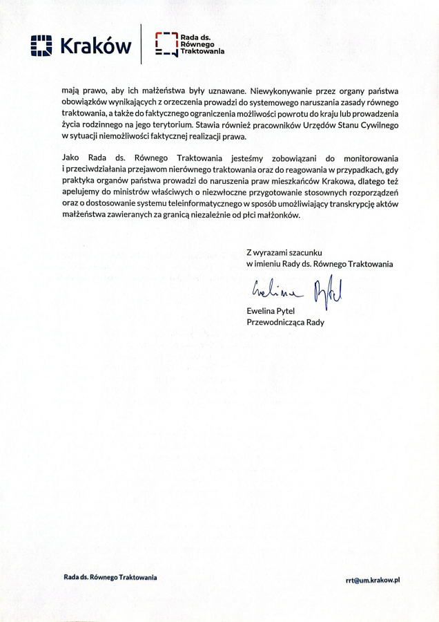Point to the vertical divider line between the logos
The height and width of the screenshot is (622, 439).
pos(142,44)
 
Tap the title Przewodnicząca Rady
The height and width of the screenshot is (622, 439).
pos(285,322)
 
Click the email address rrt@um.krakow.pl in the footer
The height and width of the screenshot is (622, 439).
pos(373,580)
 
